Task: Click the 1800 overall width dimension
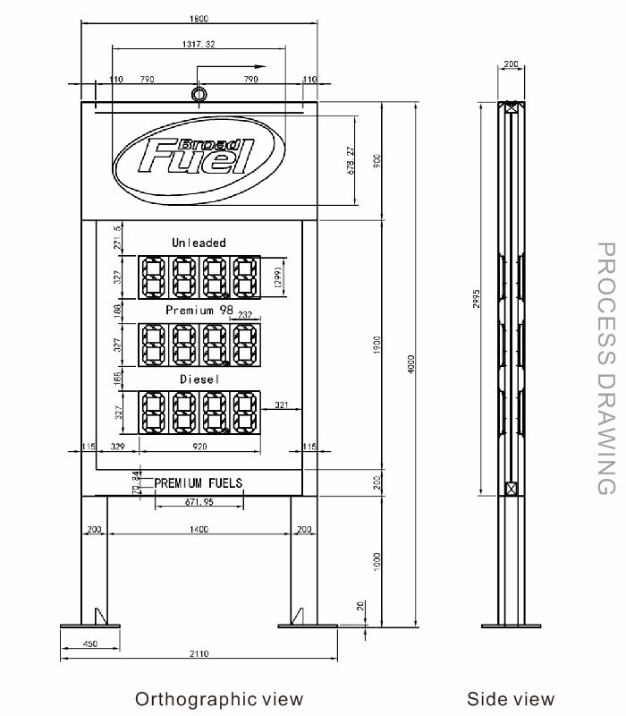pos(199,19)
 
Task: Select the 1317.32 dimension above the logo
pos(199,44)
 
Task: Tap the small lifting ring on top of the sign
pos(199,95)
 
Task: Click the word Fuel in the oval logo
pos(196,158)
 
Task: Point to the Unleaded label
pos(199,243)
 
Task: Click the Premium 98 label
pos(199,310)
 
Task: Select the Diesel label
pos(199,379)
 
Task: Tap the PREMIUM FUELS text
pos(199,482)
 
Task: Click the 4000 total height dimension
pos(411,364)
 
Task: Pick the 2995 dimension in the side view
pos(477,299)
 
